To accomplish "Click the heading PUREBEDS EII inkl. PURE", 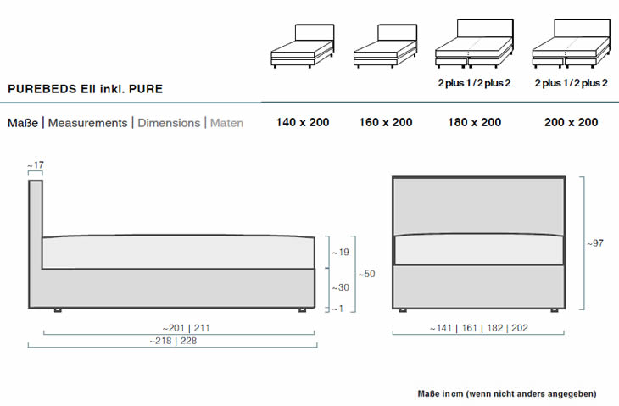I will [x=85, y=88].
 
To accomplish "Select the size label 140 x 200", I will [x=302, y=122].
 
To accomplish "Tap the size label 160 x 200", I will [x=386, y=122].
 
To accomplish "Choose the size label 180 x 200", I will [x=474, y=122].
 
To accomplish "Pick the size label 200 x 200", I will [x=571, y=122].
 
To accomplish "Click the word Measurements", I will [x=87, y=123].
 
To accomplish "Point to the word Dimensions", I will [x=169, y=123].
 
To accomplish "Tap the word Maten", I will [x=226, y=123].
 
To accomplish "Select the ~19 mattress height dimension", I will [x=340, y=253].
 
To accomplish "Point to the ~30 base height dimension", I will [x=340, y=288].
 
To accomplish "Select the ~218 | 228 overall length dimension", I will [x=173, y=340].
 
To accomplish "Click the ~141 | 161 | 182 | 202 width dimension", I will [x=479, y=328].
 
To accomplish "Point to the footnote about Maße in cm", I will [x=507, y=393].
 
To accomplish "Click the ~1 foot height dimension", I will [x=337, y=309].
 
